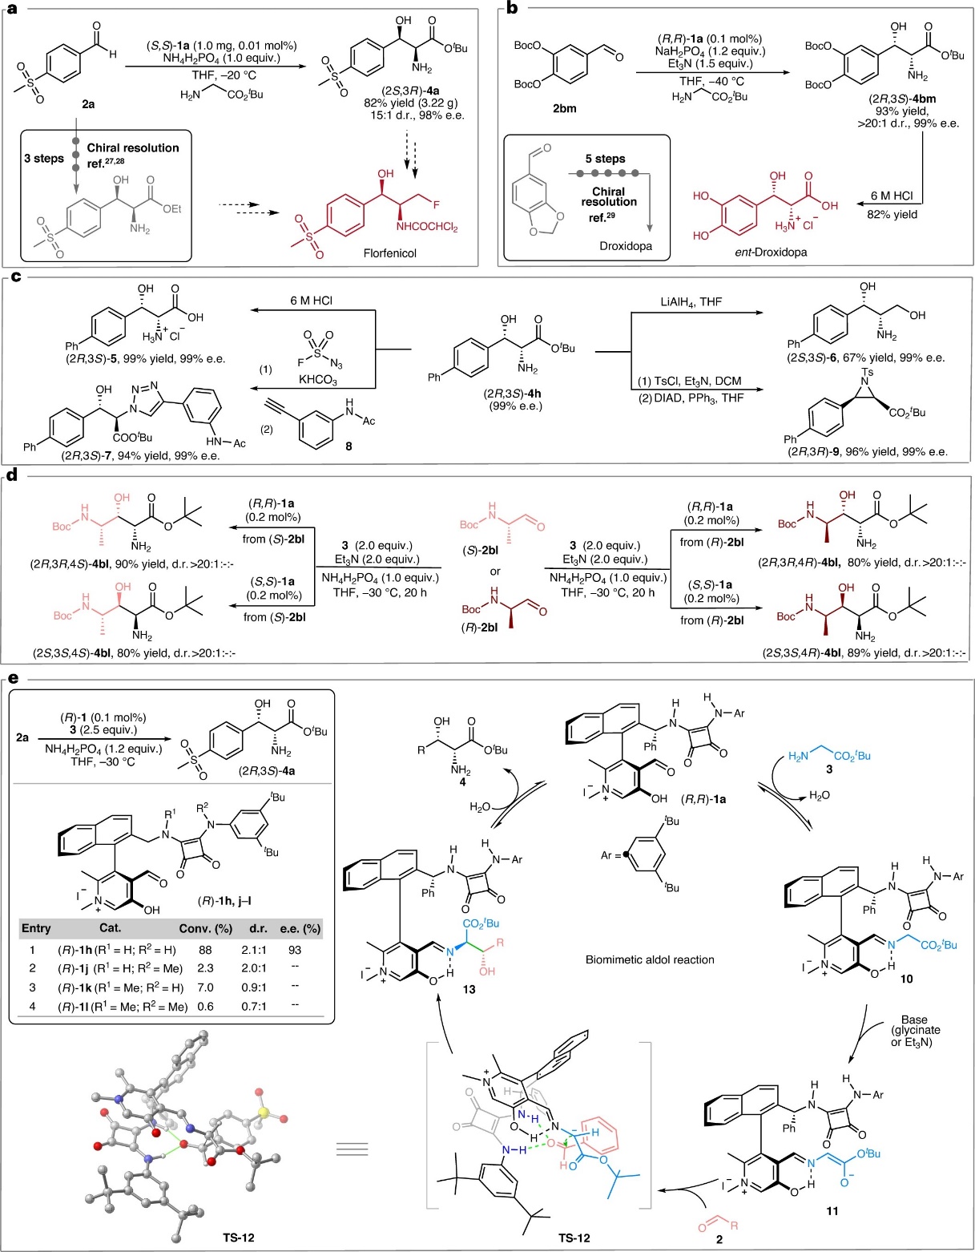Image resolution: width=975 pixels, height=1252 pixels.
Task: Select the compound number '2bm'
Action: [x=564, y=108]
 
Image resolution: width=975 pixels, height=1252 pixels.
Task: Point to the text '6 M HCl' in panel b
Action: [x=892, y=196]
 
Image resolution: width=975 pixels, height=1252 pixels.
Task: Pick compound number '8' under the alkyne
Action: [x=348, y=446]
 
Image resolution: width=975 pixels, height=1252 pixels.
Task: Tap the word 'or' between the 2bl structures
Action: [x=495, y=571]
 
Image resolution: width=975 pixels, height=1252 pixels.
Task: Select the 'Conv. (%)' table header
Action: [x=205, y=928]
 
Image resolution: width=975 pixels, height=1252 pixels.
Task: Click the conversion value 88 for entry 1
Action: [x=205, y=950]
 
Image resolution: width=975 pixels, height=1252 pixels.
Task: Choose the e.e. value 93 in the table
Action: [x=295, y=950]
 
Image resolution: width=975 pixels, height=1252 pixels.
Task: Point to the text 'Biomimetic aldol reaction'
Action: [x=650, y=959]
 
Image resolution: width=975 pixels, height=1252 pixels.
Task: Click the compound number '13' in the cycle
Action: [x=469, y=989]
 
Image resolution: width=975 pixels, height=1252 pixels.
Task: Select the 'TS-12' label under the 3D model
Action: [x=238, y=1238]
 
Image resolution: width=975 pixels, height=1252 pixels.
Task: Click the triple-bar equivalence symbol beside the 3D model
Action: [x=353, y=1149]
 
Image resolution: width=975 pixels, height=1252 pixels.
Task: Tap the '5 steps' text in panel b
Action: [x=606, y=159]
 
